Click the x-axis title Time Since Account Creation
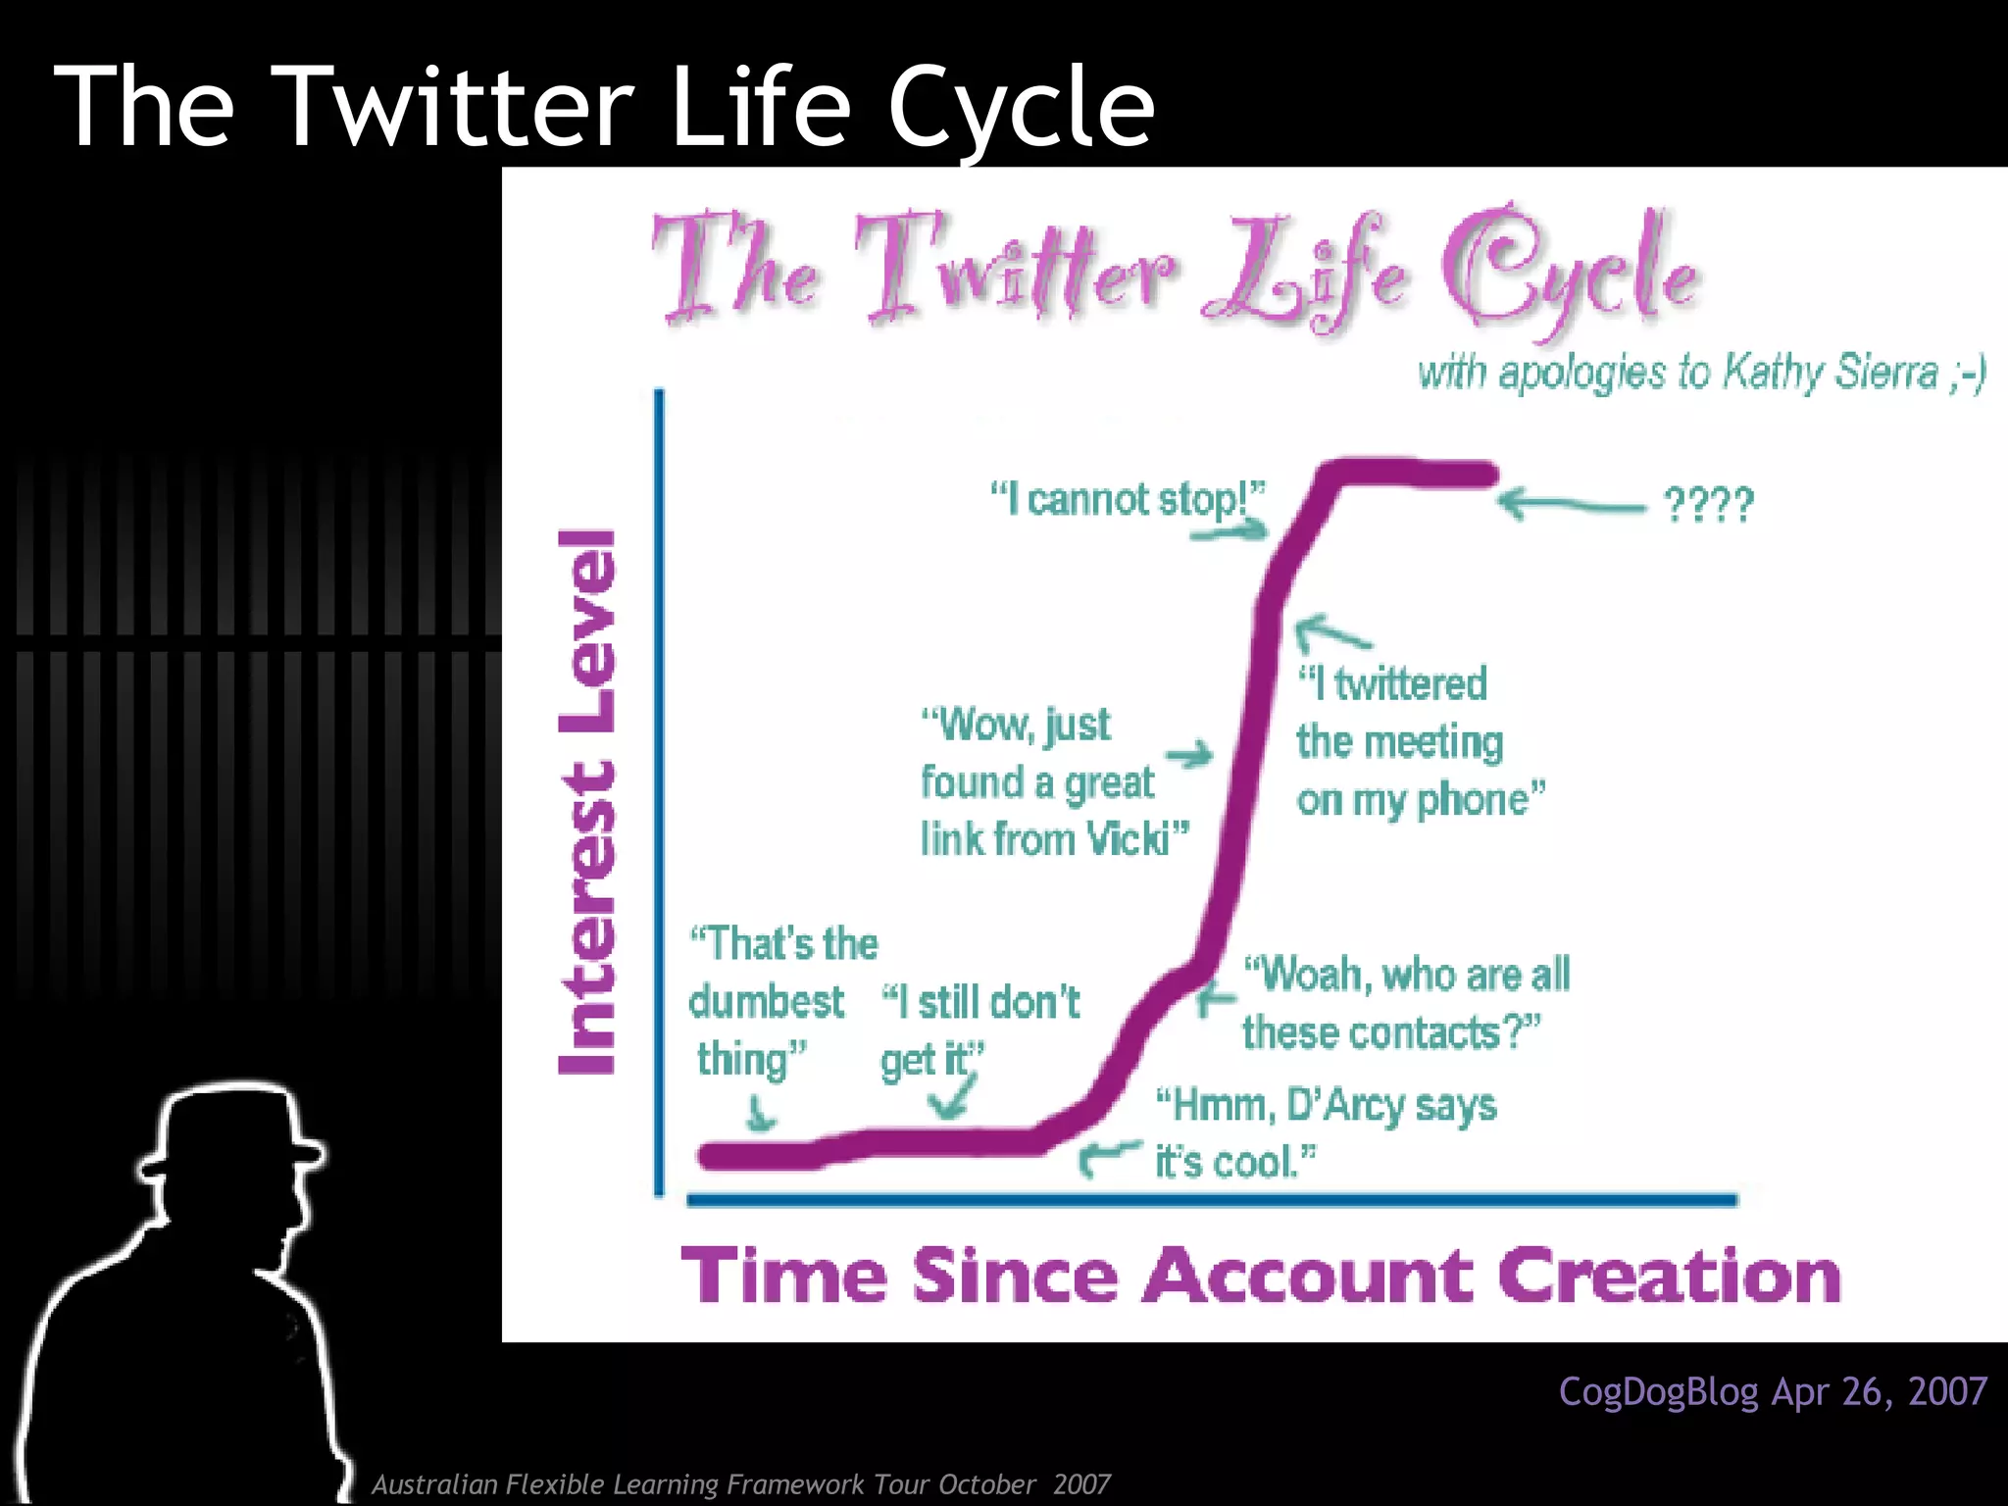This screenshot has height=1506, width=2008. tap(1261, 1276)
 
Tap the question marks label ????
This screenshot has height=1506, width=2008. tap(1708, 506)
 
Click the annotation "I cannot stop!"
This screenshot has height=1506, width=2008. tap(1128, 499)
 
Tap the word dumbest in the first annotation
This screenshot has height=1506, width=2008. tap(766, 1002)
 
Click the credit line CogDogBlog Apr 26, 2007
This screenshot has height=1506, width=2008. tap(1773, 1391)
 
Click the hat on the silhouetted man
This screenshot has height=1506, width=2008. tap(231, 1128)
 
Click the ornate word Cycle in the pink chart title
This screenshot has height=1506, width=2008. tap(1569, 270)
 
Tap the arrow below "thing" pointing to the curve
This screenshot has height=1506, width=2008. tap(759, 1114)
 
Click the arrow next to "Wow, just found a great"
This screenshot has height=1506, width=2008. tap(1189, 756)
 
